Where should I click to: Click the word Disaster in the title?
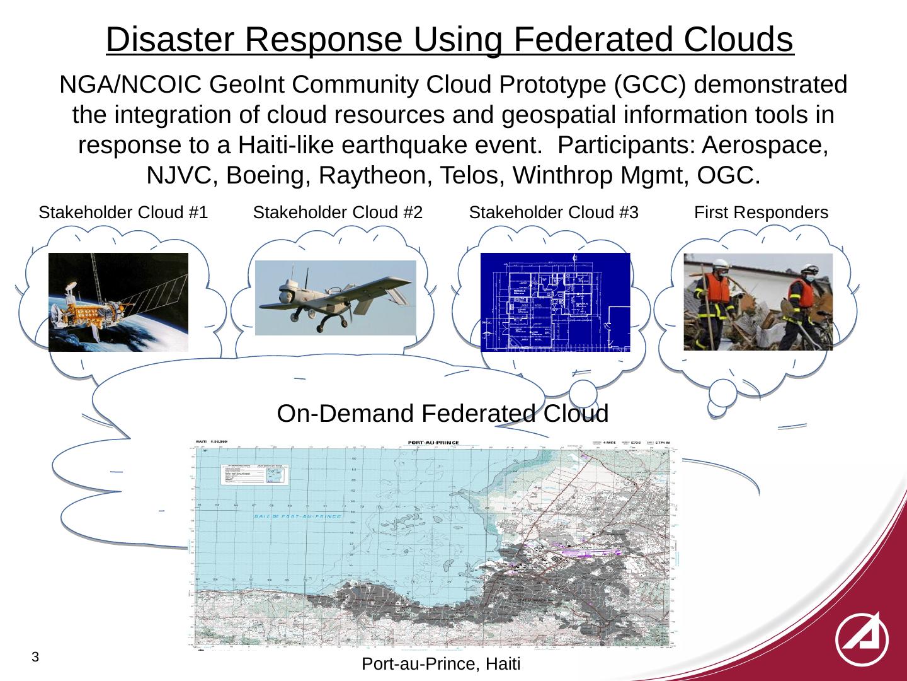[x=171, y=40]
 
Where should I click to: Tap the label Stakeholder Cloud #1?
[x=123, y=213]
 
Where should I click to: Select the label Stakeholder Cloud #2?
[x=337, y=213]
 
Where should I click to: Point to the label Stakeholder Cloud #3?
[x=554, y=213]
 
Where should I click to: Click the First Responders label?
[x=761, y=213]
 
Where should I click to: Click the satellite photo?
[x=118, y=301]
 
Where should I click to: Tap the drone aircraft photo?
[x=336, y=298]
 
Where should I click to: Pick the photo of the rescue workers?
[x=758, y=301]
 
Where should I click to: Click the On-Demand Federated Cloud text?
[x=442, y=414]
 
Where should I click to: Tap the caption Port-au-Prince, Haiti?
[x=442, y=665]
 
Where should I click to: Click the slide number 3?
[x=36, y=657]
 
